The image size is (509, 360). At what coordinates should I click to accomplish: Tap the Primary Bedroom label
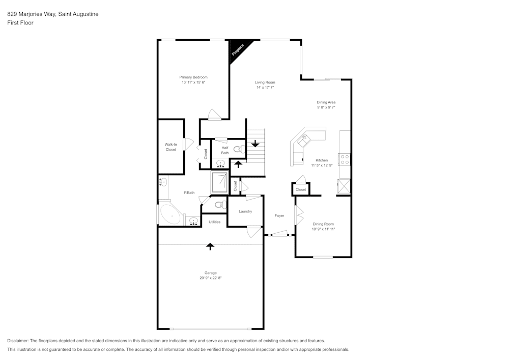[193, 77]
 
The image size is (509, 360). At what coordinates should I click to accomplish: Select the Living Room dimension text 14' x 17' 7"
[265, 88]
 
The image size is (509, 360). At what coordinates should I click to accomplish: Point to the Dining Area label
[326, 102]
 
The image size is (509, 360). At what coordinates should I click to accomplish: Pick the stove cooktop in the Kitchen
[345, 159]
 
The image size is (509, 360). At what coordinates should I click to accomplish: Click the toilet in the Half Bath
[238, 150]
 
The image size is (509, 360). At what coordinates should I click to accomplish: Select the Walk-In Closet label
[171, 147]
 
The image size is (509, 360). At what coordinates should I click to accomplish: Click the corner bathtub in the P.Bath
[169, 215]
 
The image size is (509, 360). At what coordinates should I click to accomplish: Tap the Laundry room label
[245, 211]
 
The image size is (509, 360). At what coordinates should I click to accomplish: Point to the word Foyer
[279, 215]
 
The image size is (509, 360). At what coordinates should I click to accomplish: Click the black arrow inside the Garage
[210, 246]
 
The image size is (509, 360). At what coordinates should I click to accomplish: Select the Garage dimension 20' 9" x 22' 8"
[211, 278]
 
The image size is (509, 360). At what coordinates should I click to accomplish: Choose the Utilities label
[215, 222]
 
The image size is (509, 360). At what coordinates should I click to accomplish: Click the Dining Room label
[324, 224]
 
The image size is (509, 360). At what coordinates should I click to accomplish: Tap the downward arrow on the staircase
[256, 144]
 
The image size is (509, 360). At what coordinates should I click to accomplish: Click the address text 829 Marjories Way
[31, 14]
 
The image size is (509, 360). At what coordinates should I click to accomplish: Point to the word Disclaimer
[18, 341]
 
